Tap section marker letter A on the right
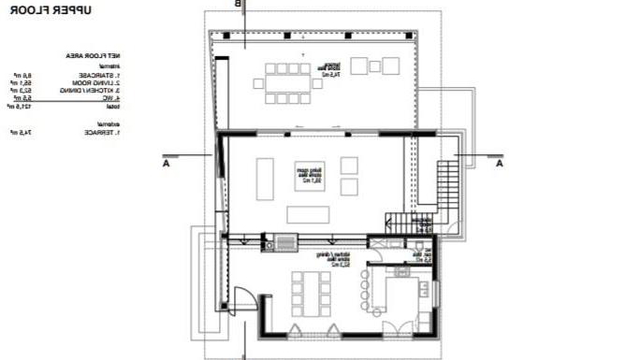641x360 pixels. (499, 163)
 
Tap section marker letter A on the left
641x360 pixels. (165, 163)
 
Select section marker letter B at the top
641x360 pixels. (238, 5)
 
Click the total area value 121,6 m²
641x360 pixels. (22, 106)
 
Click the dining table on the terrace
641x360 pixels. (288, 82)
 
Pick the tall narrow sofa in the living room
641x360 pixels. (265, 178)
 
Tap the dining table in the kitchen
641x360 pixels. (311, 293)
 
